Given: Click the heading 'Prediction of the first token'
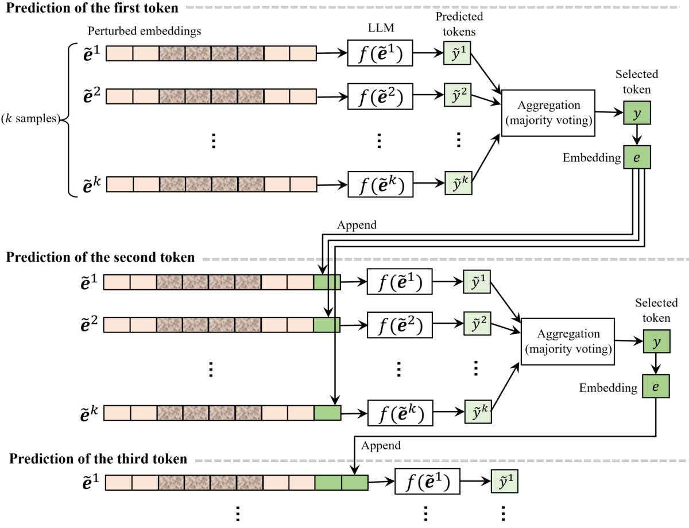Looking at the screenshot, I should (x=92, y=9).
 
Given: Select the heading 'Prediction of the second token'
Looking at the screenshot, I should (x=100, y=257).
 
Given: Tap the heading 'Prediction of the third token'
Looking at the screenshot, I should (x=98, y=459).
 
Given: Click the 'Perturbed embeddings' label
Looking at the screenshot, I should (x=144, y=32).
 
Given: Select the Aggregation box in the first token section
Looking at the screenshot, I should (x=548, y=112).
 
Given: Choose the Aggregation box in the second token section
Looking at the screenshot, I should (x=567, y=341).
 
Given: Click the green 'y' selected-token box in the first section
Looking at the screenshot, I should (x=637, y=114).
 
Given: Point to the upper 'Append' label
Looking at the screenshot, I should (x=357, y=226).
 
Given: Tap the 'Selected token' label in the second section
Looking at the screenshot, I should (x=656, y=310).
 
